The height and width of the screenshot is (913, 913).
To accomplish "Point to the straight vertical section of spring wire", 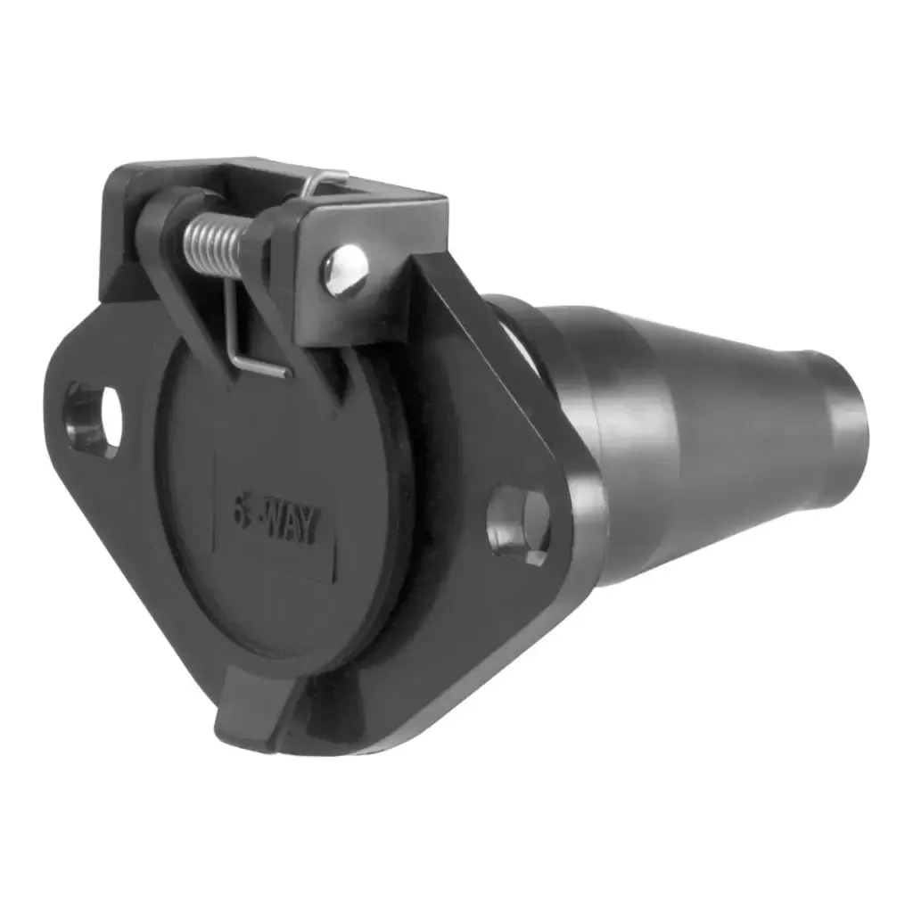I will [x=230, y=312].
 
